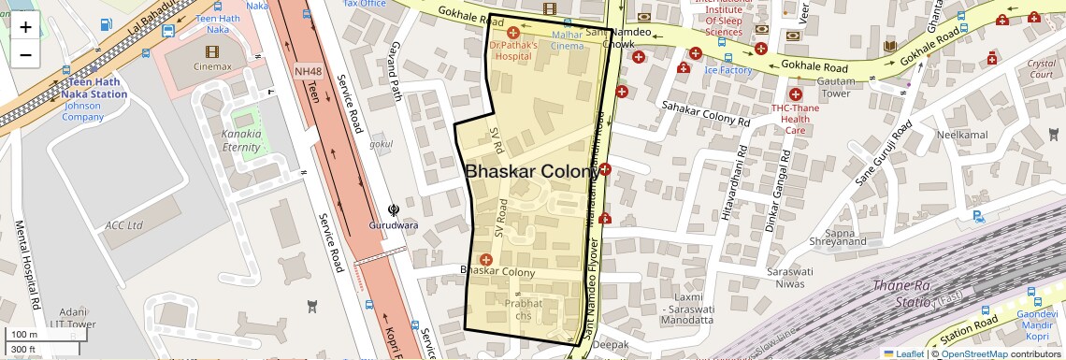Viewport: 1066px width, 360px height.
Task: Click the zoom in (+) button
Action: [x=25, y=26]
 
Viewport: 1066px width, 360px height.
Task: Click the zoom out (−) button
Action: [x=25, y=54]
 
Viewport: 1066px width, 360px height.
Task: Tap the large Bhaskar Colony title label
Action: [x=532, y=172]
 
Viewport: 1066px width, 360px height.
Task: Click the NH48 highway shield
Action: [x=307, y=71]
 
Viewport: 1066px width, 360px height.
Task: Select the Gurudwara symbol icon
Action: [x=393, y=210]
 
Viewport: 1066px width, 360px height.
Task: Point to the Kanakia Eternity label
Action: [x=241, y=141]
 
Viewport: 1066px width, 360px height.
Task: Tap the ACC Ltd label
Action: [x=123, y=225]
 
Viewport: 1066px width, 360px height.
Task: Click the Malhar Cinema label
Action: [x=568, y=40]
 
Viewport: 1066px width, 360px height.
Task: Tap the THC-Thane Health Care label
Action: [x=795, y=118]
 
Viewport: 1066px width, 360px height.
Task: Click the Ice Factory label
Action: [x=728, y=70]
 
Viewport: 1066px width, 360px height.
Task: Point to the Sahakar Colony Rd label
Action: [x=706, y=114]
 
